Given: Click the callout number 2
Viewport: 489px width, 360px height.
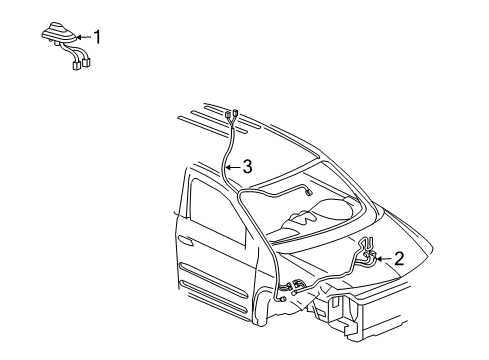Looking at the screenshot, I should click(399, 258).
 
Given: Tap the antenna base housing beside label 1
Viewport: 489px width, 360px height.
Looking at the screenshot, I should click(57, 38).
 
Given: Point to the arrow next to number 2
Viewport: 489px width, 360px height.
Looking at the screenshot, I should click(383, 258).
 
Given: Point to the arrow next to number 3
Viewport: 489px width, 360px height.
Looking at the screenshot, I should click(232, 167).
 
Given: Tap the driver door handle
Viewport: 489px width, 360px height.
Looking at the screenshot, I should click(185, 241).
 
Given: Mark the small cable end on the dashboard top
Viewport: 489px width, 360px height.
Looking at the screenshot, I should click(309, 191).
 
